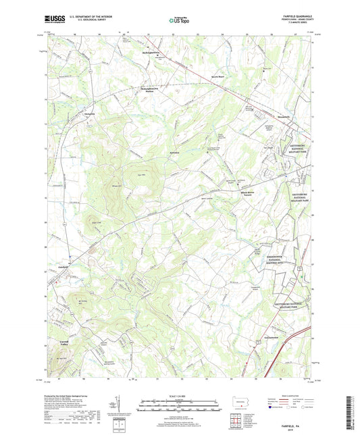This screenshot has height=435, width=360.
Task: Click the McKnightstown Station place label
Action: click(x=153, y=88)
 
